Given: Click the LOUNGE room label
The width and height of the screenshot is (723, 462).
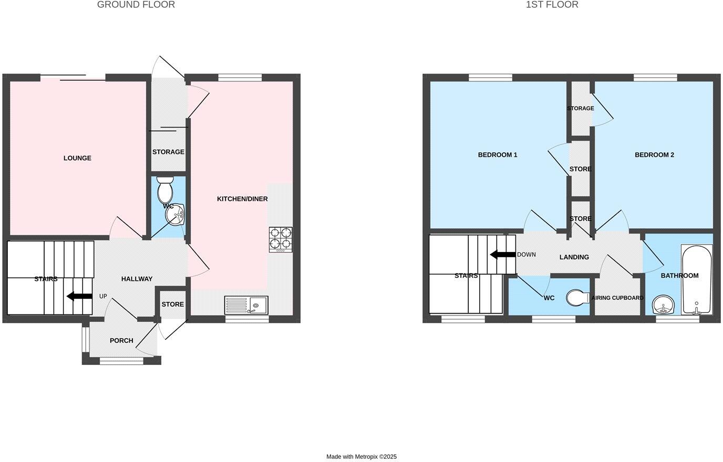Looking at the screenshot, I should click(x=77, y=158).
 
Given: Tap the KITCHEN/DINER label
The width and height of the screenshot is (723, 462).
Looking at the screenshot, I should click(x=242, y=199).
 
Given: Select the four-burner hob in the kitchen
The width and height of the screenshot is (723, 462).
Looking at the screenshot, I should click(x=281, y=239).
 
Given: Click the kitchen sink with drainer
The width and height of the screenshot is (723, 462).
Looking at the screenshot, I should click(x=246, y=305).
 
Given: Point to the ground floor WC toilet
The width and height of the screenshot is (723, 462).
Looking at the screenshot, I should click(x=165, y=190).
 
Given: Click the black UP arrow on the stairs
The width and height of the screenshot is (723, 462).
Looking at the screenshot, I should click(x=79, y=296).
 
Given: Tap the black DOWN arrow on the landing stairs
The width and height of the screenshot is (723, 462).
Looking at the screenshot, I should click(x=502, y=255).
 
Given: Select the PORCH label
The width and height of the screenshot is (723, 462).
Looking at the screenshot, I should click(x=121, y=341).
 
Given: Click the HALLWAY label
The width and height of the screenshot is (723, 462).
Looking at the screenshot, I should click(x=137, y=279).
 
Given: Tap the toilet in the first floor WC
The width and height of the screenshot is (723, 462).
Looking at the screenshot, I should click(x=579, y=298).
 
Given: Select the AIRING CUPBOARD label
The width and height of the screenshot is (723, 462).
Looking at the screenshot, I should click(x=617, y=298).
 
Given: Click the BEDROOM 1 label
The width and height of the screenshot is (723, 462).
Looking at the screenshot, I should click(x=498, y=155).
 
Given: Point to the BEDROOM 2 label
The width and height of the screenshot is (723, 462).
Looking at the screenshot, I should click(x=654, y=155).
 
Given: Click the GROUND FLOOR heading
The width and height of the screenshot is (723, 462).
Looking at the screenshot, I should click(x=136, y=5).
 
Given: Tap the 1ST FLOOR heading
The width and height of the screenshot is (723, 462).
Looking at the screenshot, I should click(x=552, y=5).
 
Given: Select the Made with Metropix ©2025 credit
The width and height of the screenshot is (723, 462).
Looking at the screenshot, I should click(x=361, y=457).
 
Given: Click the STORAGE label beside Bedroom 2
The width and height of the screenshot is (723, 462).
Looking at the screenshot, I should click(x=580, y=109).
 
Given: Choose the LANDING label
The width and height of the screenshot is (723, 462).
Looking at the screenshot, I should click(x=574, y=257).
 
